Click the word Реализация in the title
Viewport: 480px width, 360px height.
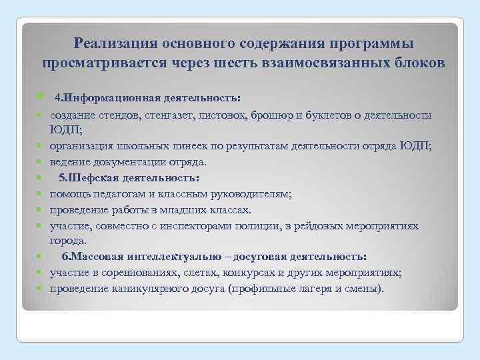(x=112, y=44)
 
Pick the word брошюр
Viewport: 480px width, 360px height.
(x=273, y=115)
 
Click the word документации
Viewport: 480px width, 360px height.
(x=123, y=162)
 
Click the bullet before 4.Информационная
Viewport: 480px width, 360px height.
(x=41, y=97)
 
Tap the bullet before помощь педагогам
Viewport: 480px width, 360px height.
(x=41, y=195)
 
